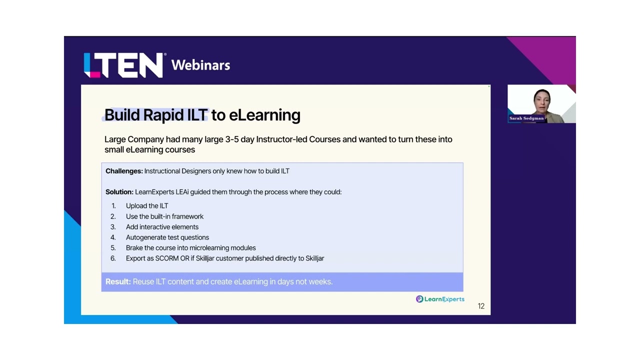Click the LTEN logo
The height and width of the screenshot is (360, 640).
coord(123,65)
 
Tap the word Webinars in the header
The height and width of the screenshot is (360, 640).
coord(200,65)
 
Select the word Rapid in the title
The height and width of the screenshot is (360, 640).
coord(163,115)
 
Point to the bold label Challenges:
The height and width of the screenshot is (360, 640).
coord(124,171)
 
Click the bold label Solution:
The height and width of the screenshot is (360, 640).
coord(119,192)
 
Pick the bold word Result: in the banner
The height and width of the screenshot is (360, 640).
coord(118,281)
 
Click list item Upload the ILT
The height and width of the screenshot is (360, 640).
coord(147,206)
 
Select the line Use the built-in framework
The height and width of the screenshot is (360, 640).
coord(164,216)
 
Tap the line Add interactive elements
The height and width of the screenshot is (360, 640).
coord(162,227)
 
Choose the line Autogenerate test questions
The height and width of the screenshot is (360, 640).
coord(167,237)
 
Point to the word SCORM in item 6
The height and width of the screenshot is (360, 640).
coord(167,258)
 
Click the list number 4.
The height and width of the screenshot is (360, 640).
coord(113,237)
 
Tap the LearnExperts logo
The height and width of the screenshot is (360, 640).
coord(440,299)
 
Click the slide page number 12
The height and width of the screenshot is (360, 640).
coord(481,306)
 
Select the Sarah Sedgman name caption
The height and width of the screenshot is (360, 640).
coord(526,118)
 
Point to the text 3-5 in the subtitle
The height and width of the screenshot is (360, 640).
coord(231,139)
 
